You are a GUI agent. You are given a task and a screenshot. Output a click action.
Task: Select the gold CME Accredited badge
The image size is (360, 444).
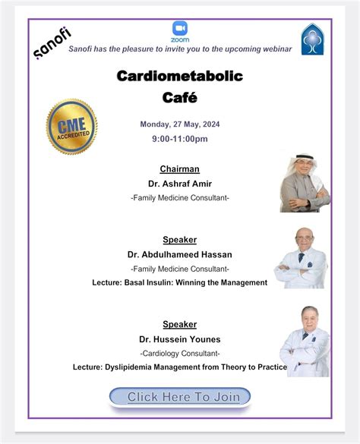tap(72, 127)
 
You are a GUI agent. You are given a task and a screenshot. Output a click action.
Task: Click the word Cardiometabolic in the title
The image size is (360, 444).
tap(179, 76)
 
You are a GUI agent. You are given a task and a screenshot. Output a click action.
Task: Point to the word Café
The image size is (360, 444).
tap(179, 97)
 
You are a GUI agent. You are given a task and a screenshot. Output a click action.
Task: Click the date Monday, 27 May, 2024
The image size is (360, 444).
tap(179, 124)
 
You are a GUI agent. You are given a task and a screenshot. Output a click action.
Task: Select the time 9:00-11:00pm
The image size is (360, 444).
tap(179, 139)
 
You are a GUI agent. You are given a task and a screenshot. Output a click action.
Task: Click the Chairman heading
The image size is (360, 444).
tap(179, 168)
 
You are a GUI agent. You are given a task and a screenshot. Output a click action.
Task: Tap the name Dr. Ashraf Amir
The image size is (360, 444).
tap(179, 183)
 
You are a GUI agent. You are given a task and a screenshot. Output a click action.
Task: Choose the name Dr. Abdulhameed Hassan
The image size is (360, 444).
tap(179, 254)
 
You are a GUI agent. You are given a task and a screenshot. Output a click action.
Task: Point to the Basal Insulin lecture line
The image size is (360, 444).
tap(179, 282)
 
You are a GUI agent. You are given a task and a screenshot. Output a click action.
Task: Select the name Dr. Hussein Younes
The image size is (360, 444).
tap(179, 339)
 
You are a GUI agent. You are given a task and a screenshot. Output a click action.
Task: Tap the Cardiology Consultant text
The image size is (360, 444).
tap(179, 354)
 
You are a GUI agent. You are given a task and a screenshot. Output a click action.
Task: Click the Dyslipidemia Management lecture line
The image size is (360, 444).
tap(179, 367)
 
